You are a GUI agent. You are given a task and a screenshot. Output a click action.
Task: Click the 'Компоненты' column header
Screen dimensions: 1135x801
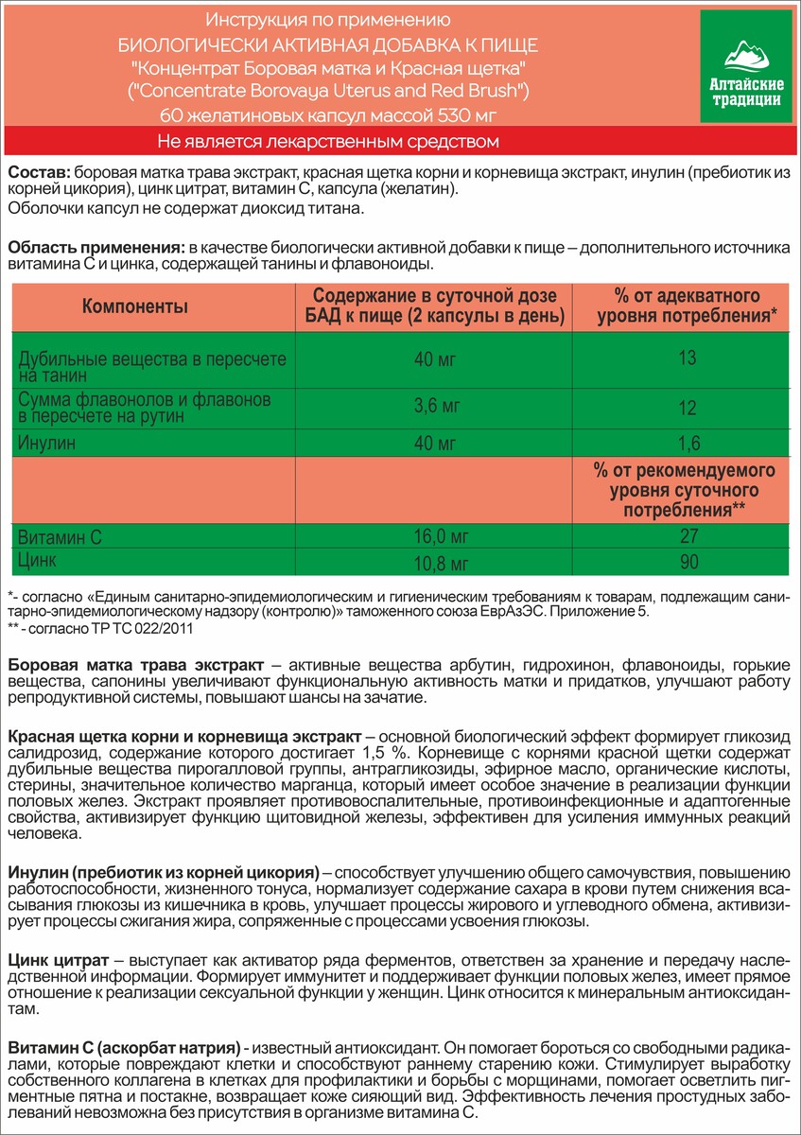135,306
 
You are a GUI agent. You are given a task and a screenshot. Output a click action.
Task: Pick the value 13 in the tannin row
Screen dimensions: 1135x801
688,358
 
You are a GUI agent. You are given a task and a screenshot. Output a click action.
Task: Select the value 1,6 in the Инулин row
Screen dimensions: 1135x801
688,442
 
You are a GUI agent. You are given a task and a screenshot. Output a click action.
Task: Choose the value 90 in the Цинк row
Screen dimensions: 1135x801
688,563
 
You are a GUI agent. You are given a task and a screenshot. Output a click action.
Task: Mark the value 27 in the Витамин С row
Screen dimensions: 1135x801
688,537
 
